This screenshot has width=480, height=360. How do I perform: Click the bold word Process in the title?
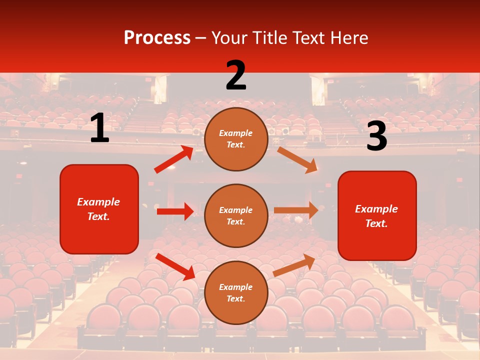[157, 37]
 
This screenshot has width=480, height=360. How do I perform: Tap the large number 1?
[99, 128]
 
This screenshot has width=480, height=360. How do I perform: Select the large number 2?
[236, 75]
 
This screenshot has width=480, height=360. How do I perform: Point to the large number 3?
[376, 137]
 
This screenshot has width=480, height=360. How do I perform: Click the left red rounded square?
[99, 209]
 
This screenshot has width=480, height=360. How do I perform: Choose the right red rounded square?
[377, 215]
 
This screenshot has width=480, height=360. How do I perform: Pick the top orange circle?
[236, 139]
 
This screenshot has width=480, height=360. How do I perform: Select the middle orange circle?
[236, 215]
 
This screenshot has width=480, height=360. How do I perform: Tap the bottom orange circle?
[236, 292]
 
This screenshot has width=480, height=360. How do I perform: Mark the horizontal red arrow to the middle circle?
[175, 211]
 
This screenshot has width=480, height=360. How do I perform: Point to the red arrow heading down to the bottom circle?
[175, 266]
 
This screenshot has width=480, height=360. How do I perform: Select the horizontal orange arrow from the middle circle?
[296, 210]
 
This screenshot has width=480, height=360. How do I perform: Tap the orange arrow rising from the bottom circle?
[294, 265]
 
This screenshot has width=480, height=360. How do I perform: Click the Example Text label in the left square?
[98, 209]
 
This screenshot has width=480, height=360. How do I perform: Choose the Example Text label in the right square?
[376, 216]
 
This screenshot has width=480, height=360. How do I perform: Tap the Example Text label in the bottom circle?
[236, 292]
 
